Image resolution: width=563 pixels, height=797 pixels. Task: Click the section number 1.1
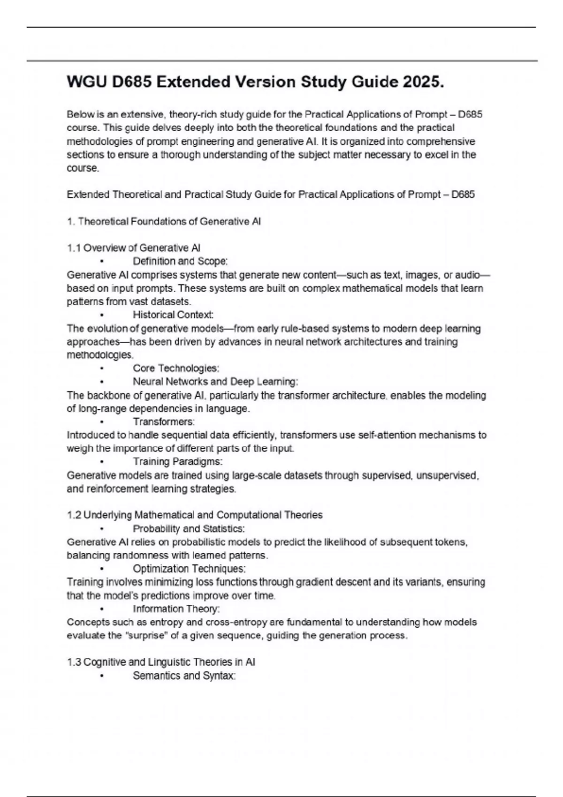pos(74,248)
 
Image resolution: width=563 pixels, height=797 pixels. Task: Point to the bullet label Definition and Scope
pos(180,261)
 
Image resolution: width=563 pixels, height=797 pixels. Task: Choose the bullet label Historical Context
pos(173,315)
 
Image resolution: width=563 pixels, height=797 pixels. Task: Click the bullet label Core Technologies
pos(176,368)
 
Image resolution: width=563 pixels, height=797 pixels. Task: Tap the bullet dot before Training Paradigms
pos(102,462)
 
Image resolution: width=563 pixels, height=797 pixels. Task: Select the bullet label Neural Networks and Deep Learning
pos(215,382)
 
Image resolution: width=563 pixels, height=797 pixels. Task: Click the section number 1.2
pos(74,515)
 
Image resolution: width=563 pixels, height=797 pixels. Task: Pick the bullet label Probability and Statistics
pos(189,529)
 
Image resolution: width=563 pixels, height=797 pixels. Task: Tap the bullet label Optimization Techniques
pos(189,569)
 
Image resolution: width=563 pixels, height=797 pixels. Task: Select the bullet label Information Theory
pos(176,609)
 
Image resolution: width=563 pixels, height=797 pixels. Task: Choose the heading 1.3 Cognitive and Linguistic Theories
pos(161,662)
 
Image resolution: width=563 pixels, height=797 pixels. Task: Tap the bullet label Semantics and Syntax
pos(184,676)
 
